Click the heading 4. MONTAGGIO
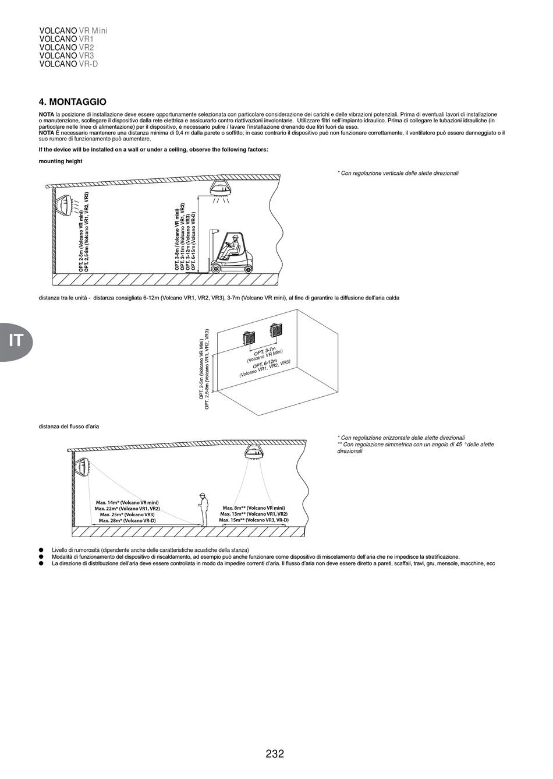pos(72,102)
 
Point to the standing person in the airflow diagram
pos(203,508)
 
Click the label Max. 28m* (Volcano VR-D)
pos(127,520)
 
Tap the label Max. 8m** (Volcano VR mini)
pos(254,508)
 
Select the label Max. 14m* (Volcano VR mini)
pos(127,502)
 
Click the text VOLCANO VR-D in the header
pos(68,64)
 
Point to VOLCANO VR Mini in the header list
pos(73,30)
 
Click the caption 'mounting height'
pos(61,161)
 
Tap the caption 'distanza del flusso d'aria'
pos(69,426)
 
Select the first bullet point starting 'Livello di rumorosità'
pos(150,550)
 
